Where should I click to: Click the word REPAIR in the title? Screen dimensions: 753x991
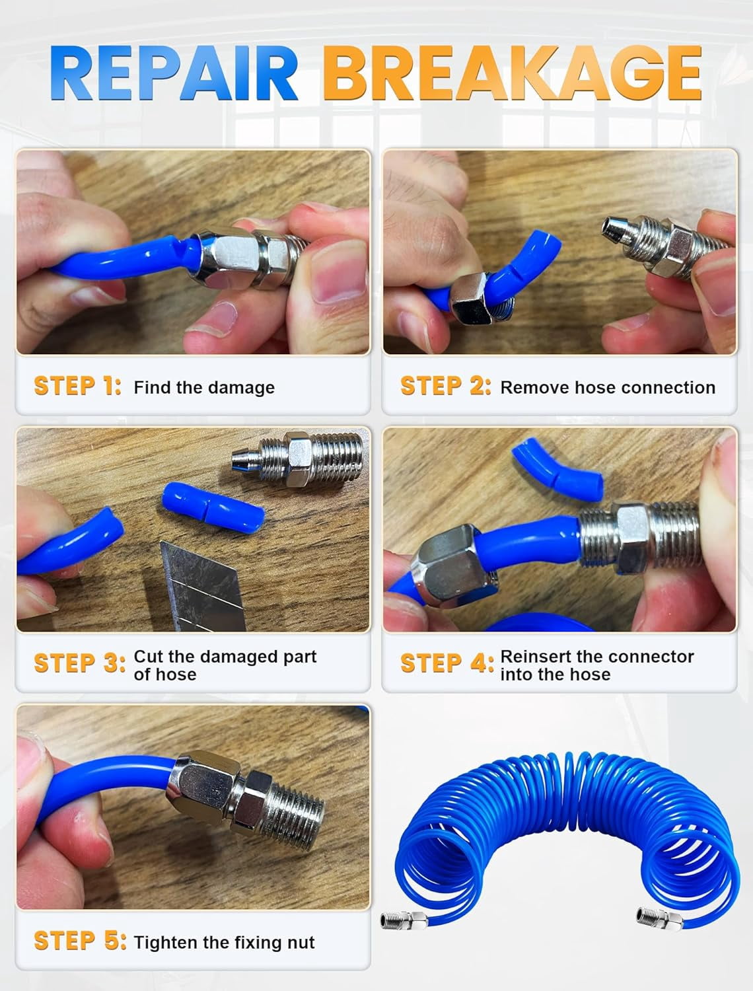pos(174,72)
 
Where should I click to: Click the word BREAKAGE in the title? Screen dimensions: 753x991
pos(513,72)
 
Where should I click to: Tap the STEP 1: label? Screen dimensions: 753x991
pos(77,386)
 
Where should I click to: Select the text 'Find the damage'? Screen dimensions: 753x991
pos(204,387)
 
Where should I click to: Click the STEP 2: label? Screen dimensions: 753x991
pos(445,386)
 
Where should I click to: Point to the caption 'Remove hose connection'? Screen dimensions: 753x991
pos(608,387)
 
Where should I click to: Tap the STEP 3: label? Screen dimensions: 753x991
pos(79,663)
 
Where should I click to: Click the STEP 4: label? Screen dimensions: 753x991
pos(447,663)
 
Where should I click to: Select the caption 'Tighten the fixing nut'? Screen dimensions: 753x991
pos(224,943)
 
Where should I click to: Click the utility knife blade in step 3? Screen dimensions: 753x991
pos(203,587)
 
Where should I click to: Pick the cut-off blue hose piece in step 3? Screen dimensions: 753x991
pos(213,508)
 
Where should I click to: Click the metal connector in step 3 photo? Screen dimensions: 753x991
pos(297,459)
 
